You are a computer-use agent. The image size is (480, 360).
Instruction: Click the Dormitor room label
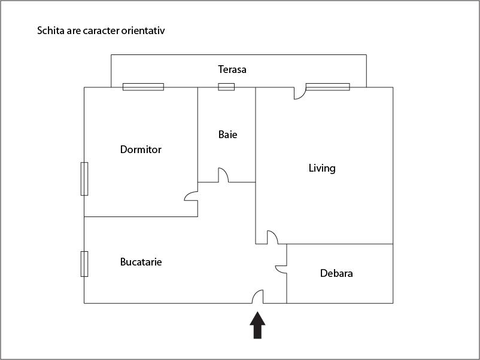point(141,150)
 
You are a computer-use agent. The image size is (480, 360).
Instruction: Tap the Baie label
point(227,135)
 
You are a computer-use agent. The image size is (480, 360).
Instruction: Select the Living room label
point(322,168)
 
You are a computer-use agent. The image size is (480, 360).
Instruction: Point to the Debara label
point(336,273)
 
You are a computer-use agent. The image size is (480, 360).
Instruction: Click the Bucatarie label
point(141,262)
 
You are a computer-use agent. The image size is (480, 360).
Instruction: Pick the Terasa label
point(232,69)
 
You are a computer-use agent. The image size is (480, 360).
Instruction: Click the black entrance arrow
point(257,325)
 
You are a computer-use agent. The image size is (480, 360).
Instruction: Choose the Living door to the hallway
point(272,237)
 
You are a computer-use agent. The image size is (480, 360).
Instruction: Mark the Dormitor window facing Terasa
point(143,87)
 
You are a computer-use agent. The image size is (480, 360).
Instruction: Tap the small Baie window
point(226,87)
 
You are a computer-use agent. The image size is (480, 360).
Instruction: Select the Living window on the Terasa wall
point(327,87)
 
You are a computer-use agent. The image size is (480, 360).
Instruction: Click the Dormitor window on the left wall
point(84,178)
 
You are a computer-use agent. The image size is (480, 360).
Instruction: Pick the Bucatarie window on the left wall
point(84,264)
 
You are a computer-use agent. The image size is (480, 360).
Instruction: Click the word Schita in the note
point(50,30)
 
